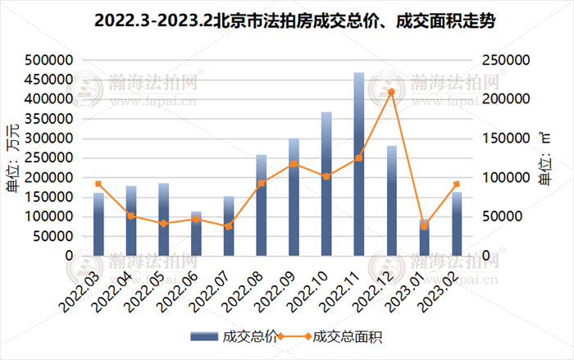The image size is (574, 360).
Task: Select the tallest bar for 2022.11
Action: tap(358, 164)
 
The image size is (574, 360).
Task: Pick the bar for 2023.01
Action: tap(424, 238)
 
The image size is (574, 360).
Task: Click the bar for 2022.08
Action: tap(261, 205)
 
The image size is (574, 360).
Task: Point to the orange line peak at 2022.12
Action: tap(391, 92)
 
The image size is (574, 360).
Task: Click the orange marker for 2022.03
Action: tap(98, 184)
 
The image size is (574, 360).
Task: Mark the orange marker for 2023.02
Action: tap(457, 184)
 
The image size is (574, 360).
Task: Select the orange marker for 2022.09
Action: tap(294, 164)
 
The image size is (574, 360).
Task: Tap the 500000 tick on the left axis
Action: tap(52, 60)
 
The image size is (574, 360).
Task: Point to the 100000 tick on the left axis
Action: tap(52, 216)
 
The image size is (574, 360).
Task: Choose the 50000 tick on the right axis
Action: tap(498, 216)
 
